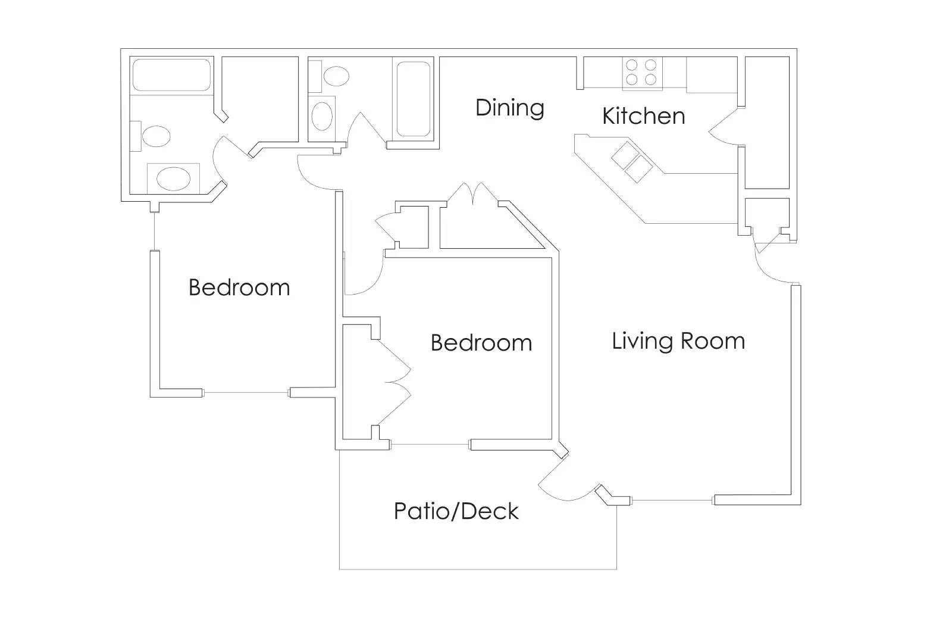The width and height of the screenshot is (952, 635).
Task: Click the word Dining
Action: click(x=510, y=108)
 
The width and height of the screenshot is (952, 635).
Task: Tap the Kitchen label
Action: click(x=643, y=116)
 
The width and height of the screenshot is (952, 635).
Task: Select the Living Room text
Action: click(x=678, y=341)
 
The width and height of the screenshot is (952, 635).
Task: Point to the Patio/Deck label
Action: click(x=456, y=511)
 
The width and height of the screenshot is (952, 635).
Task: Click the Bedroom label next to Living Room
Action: click(x=481, y=343)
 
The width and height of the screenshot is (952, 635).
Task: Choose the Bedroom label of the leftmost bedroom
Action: click(x=239, y=287)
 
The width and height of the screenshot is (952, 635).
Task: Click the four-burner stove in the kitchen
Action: click(x=642, y=73)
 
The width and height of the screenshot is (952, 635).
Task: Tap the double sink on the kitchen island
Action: click(x=632, y=161)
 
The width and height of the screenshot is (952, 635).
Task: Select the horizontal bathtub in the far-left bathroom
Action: click(x=171, y=74)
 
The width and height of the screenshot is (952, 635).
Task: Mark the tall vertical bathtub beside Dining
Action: click(x=413, y=99)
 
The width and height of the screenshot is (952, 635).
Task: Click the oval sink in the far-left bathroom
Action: click(x=173, y=178)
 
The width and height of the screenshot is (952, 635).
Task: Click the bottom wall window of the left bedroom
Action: click(x=246, y=393)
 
